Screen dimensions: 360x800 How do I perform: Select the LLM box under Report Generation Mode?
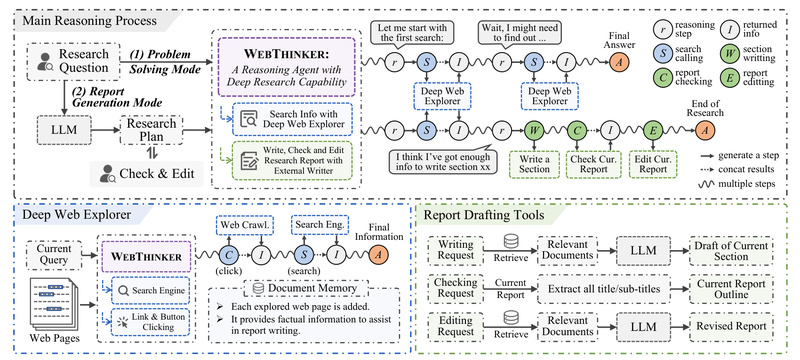coord(44,128)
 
